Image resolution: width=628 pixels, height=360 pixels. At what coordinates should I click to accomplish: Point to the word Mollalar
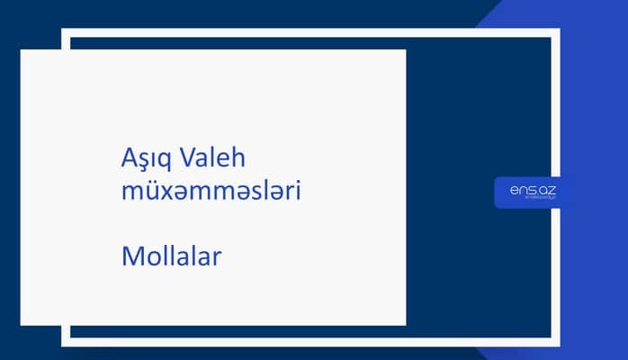coord(171,256)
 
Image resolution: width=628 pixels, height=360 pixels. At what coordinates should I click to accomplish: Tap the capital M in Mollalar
coord(130,256)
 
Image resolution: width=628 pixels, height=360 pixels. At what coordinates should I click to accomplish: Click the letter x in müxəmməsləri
coord(167,193)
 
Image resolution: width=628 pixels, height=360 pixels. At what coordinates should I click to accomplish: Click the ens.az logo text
coord(532,189)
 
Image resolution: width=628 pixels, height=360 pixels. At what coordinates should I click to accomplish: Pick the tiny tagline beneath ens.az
coord(534,200)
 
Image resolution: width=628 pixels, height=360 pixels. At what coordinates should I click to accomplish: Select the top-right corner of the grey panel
coord(405,50)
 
